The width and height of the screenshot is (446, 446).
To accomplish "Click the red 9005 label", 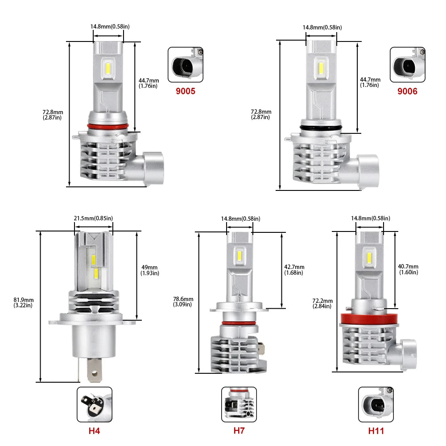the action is coord(186,91).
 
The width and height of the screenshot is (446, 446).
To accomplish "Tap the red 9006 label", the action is coord(407,91).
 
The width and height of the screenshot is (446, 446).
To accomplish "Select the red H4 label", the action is coord(94,431).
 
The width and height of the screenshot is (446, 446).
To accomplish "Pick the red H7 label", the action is coord(239,431).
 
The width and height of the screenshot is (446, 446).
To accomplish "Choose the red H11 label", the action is coord(376,431).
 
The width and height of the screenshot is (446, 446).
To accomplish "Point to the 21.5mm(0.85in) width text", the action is coord(93,218).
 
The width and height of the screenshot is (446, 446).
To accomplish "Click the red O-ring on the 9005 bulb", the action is coord(108,126).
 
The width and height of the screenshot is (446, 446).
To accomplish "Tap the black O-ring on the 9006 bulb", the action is coord(321,128).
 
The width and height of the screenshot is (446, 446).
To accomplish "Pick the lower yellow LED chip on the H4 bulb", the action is coord(96,273).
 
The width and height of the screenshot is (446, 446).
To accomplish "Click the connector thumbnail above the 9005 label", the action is coord(186,65).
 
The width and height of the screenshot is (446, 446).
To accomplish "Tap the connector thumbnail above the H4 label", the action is coord(95,405).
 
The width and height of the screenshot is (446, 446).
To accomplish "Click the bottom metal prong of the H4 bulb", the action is coord(94,370).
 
